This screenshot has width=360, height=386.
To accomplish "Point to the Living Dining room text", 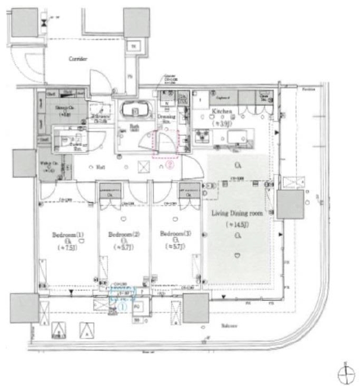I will click(x=238, y=213).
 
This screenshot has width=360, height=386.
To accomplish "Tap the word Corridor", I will click(x=77, y=59).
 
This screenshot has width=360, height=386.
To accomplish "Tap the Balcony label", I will click(x=231, y=326).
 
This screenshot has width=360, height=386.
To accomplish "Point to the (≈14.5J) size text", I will click(x=238, y=225).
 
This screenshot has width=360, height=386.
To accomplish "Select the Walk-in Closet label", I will click(x=48, y=166).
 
